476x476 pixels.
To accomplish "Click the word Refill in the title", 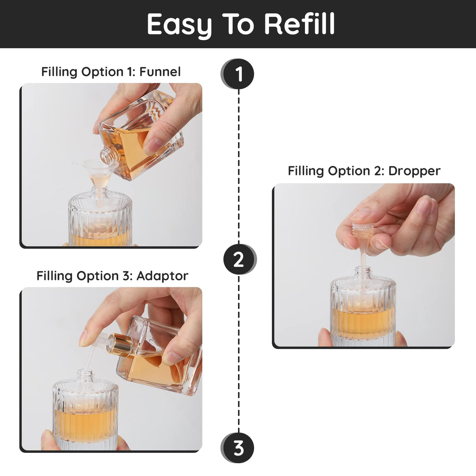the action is point(300,23).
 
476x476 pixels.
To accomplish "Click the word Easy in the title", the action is point(179,26).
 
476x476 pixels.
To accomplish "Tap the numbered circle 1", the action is point(238,74).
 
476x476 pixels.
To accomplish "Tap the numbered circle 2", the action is point(240,259).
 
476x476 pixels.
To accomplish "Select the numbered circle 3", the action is point(238,447).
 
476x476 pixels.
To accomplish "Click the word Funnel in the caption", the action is point(160,72).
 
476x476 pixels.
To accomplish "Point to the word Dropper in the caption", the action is point(414,171).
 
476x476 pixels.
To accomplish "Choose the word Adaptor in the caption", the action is point(162,276).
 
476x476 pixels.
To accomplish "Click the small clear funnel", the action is point(98,175).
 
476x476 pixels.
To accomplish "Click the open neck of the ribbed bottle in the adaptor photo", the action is point(85,375).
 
